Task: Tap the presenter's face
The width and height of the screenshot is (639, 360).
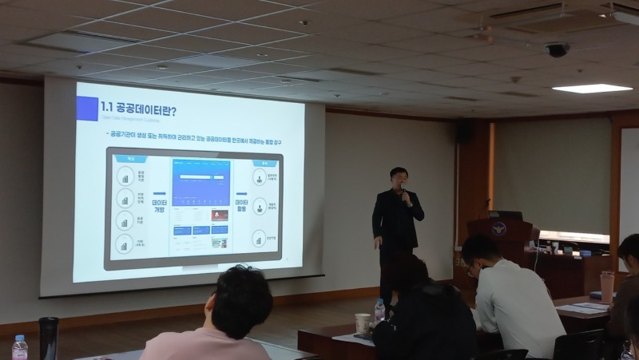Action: [x=398, y=179]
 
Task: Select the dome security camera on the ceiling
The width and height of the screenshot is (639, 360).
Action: [x=557, y=49]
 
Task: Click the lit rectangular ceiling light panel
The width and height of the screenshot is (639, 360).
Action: [x=592, y=88]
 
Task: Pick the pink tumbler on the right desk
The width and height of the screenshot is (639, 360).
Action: [x=607, y=286]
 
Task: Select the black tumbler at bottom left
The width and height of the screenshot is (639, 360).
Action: [x=49, y=337]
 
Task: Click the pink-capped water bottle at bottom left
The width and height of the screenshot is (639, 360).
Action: [x=20, y=347]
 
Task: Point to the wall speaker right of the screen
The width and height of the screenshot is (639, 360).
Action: [x=464, y=133]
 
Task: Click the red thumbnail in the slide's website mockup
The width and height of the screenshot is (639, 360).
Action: [x=219, y=216]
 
